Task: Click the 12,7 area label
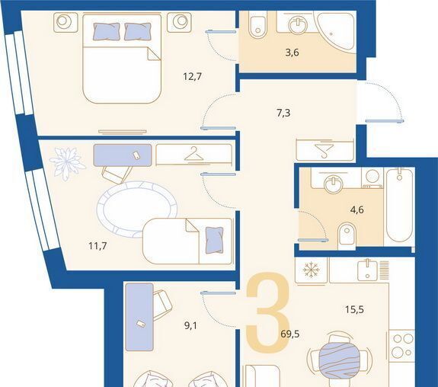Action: pyautogui.click(x=192, y=76)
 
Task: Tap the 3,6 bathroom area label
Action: pyautogui.click(x=293, y=53)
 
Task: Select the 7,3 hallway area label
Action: pyautogui.click(x=283, y=114)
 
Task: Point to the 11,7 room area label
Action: pyautogui.click(x=98, y=246)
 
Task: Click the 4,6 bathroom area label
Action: pyautogui.click(x=357, y=209)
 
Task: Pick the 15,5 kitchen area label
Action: pyautogui.click(x=354, y=309)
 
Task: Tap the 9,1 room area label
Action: pyautogui.click(x=190, y=325)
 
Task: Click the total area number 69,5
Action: pyautogui.click(x=290, y=334)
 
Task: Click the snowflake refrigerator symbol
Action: pyautogui.click(x=311, y=270)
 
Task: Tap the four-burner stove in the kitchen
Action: pyautogui.click(x=401, y=346)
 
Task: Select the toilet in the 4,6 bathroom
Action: pyautogui.click(x=347, y=235)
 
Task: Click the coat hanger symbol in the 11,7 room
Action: pyautogui.click(x=193, y=154)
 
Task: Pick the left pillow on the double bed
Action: pyautogui.click(x=107, y=31)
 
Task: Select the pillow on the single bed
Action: pyautogui.click(x=215, y=240)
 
